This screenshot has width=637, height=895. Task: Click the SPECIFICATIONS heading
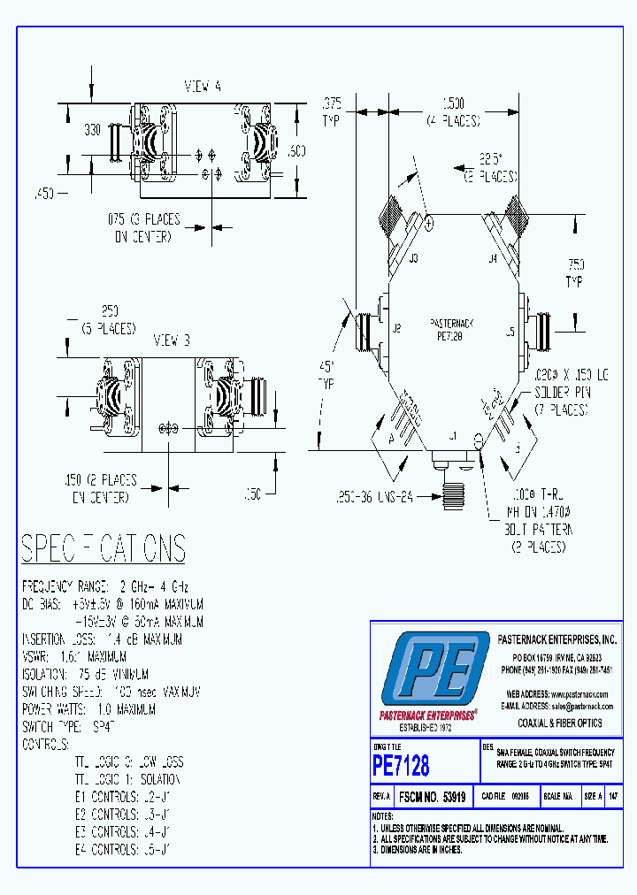(x=104, y=549)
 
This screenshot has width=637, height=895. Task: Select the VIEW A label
(x=203, y=87)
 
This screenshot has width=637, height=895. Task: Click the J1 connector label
(x=452, y=435)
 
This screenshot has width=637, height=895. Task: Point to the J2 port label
(x=397, y=328)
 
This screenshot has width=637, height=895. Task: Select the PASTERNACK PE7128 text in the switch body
(x=450, y=330)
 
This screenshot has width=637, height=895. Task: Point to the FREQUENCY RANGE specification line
(x=105, y=586)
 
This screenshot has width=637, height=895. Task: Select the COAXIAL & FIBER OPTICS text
(x=560, y=723)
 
